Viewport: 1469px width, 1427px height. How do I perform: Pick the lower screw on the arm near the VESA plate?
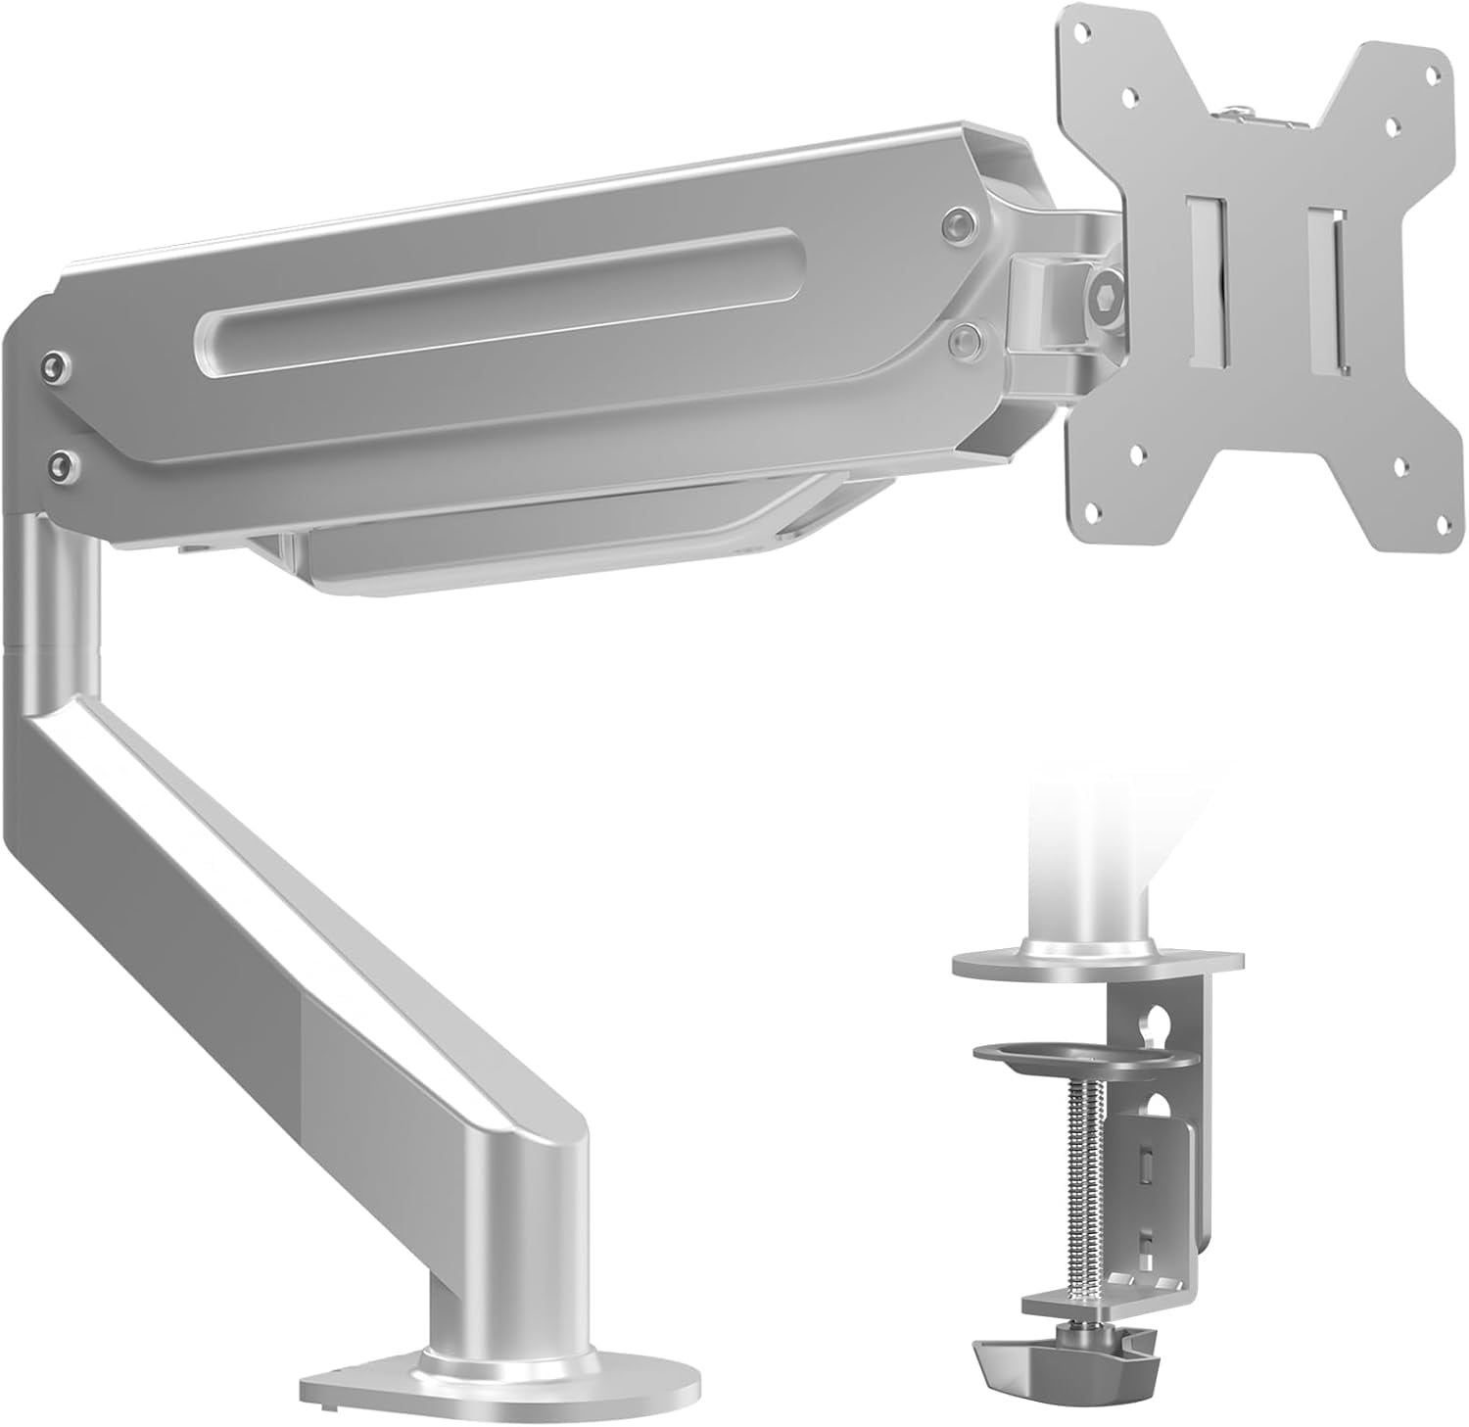(966, 339)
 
